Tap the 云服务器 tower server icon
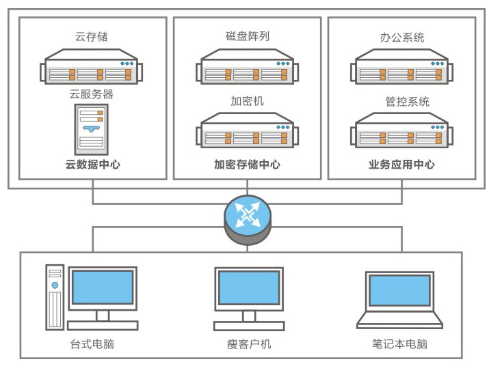click(92, 130)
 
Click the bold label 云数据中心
click(92, 165)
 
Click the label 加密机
click(247, 101)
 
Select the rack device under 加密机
click(247, 135)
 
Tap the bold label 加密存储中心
click(247, 165)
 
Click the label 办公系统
click(401, 36)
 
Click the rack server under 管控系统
click(401, 135)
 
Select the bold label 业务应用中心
click(401, 165)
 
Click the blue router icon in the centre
click(247, 217)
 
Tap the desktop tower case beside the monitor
click(55, 298)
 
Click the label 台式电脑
click(92, 343)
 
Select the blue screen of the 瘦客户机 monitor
click(248, 287)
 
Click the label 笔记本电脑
click(401, 343)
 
